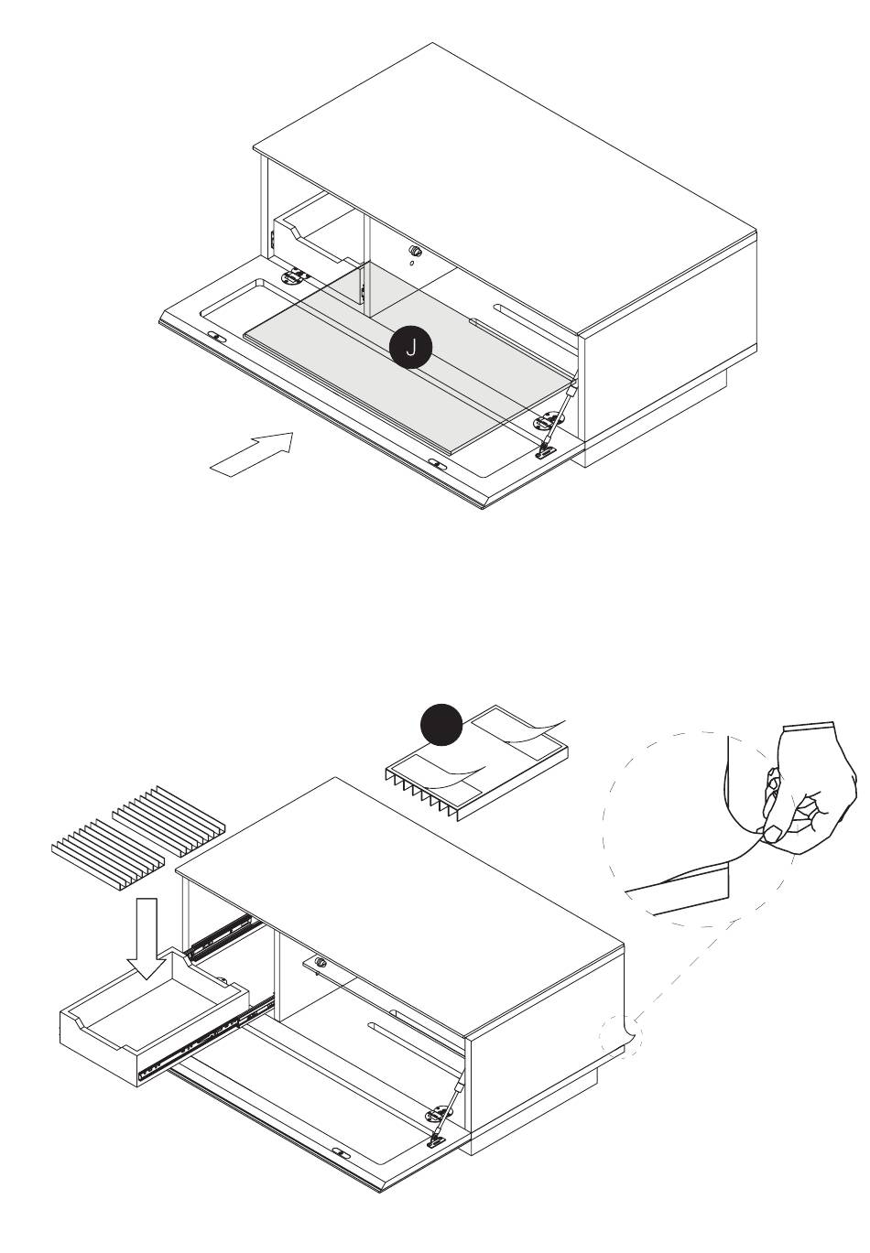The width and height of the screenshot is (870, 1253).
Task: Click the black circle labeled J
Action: point(410,348)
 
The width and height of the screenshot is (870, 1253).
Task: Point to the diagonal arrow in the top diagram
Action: point(252,454)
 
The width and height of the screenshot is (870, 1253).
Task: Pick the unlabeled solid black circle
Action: point(441,724)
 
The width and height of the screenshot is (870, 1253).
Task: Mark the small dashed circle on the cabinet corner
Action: point(620,1036)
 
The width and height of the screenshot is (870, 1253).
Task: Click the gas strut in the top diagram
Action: point(557,416)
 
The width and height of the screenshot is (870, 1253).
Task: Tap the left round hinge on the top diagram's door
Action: point(294,276)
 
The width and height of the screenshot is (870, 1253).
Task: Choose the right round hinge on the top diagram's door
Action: point(547,421)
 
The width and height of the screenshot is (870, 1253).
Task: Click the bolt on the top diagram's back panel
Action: point(414,250)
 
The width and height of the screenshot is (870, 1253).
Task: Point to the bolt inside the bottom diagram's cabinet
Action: point(321,963)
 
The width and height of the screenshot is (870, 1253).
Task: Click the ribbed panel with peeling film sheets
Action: point(476,762)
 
